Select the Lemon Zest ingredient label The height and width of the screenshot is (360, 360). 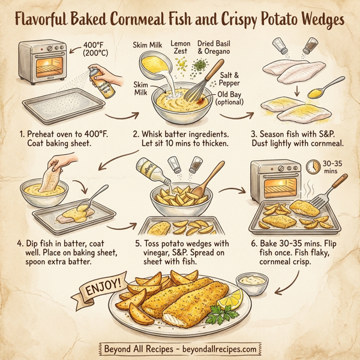[x=181, y=48]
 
